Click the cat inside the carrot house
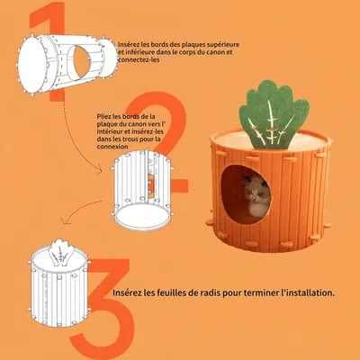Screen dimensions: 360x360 coord(256,195)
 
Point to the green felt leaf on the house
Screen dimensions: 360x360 coord(274,114)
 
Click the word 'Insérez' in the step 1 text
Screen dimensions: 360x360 coord(129,45)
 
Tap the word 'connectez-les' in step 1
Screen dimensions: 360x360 coord(139,59)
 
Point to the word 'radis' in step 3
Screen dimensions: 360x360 coord(211,292)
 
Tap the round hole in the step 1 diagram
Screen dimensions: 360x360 coord(81,61)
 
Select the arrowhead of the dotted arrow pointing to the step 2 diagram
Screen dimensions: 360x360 coord(100,172)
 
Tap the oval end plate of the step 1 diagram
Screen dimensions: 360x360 coord(31,64)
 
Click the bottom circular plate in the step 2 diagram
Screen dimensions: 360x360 coord(142,217)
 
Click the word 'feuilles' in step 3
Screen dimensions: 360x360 coord(171,292)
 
